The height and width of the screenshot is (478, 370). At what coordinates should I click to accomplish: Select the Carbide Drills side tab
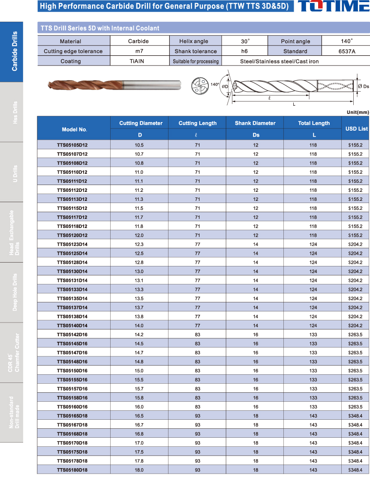point(12,51)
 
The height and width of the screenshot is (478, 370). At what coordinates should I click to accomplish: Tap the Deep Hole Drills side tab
point(12,292)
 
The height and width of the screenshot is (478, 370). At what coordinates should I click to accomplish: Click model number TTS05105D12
point(72,145)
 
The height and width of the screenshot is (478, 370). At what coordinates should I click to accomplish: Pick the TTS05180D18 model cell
point(72,470)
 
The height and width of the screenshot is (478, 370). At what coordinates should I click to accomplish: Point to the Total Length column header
point(314,123)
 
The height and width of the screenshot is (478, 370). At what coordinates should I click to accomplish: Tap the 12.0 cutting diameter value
point(139,235)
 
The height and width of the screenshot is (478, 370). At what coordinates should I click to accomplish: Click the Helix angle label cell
point(194,41)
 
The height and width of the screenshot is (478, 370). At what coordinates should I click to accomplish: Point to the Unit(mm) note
point(357,112)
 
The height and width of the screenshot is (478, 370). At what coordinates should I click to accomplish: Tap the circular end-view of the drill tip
point(199,85)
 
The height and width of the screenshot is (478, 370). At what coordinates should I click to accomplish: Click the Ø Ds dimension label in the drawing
point(363,86)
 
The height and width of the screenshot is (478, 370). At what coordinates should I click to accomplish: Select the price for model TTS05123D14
point(355,244)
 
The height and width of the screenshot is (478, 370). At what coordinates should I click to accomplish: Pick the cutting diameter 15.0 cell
point(139,370)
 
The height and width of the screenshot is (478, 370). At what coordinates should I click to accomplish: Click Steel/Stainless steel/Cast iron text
point(280,61)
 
